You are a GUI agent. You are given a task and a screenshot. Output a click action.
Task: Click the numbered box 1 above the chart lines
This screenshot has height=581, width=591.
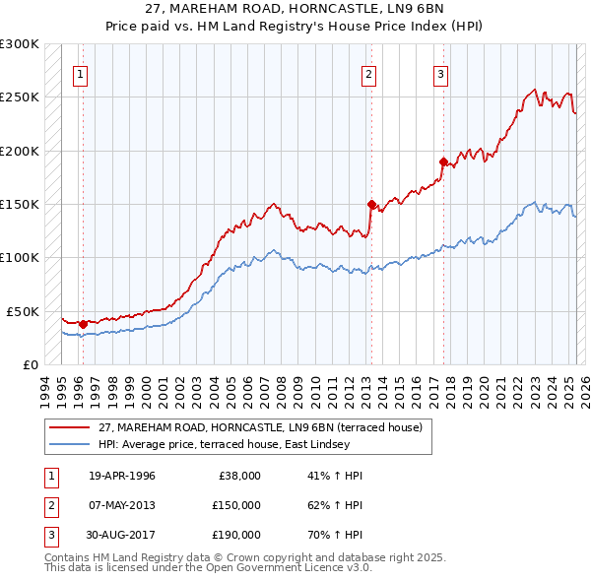click(x=80, y=74)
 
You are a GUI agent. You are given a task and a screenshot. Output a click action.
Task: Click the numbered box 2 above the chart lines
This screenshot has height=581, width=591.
click(x=368, y=74)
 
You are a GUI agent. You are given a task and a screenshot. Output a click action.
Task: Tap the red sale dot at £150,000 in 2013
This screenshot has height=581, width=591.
click(x=371, y=205)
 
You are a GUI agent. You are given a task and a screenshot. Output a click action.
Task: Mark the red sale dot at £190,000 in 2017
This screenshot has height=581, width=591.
click(x=443, y=161)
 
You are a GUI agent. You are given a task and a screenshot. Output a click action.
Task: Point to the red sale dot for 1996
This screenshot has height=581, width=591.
click(x=83, y=324)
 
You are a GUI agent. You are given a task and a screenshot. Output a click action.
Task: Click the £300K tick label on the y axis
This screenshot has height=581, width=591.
click(x=20, y=44)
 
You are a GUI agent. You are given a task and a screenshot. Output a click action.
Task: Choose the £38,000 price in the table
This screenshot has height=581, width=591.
click(x=239, y=475)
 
